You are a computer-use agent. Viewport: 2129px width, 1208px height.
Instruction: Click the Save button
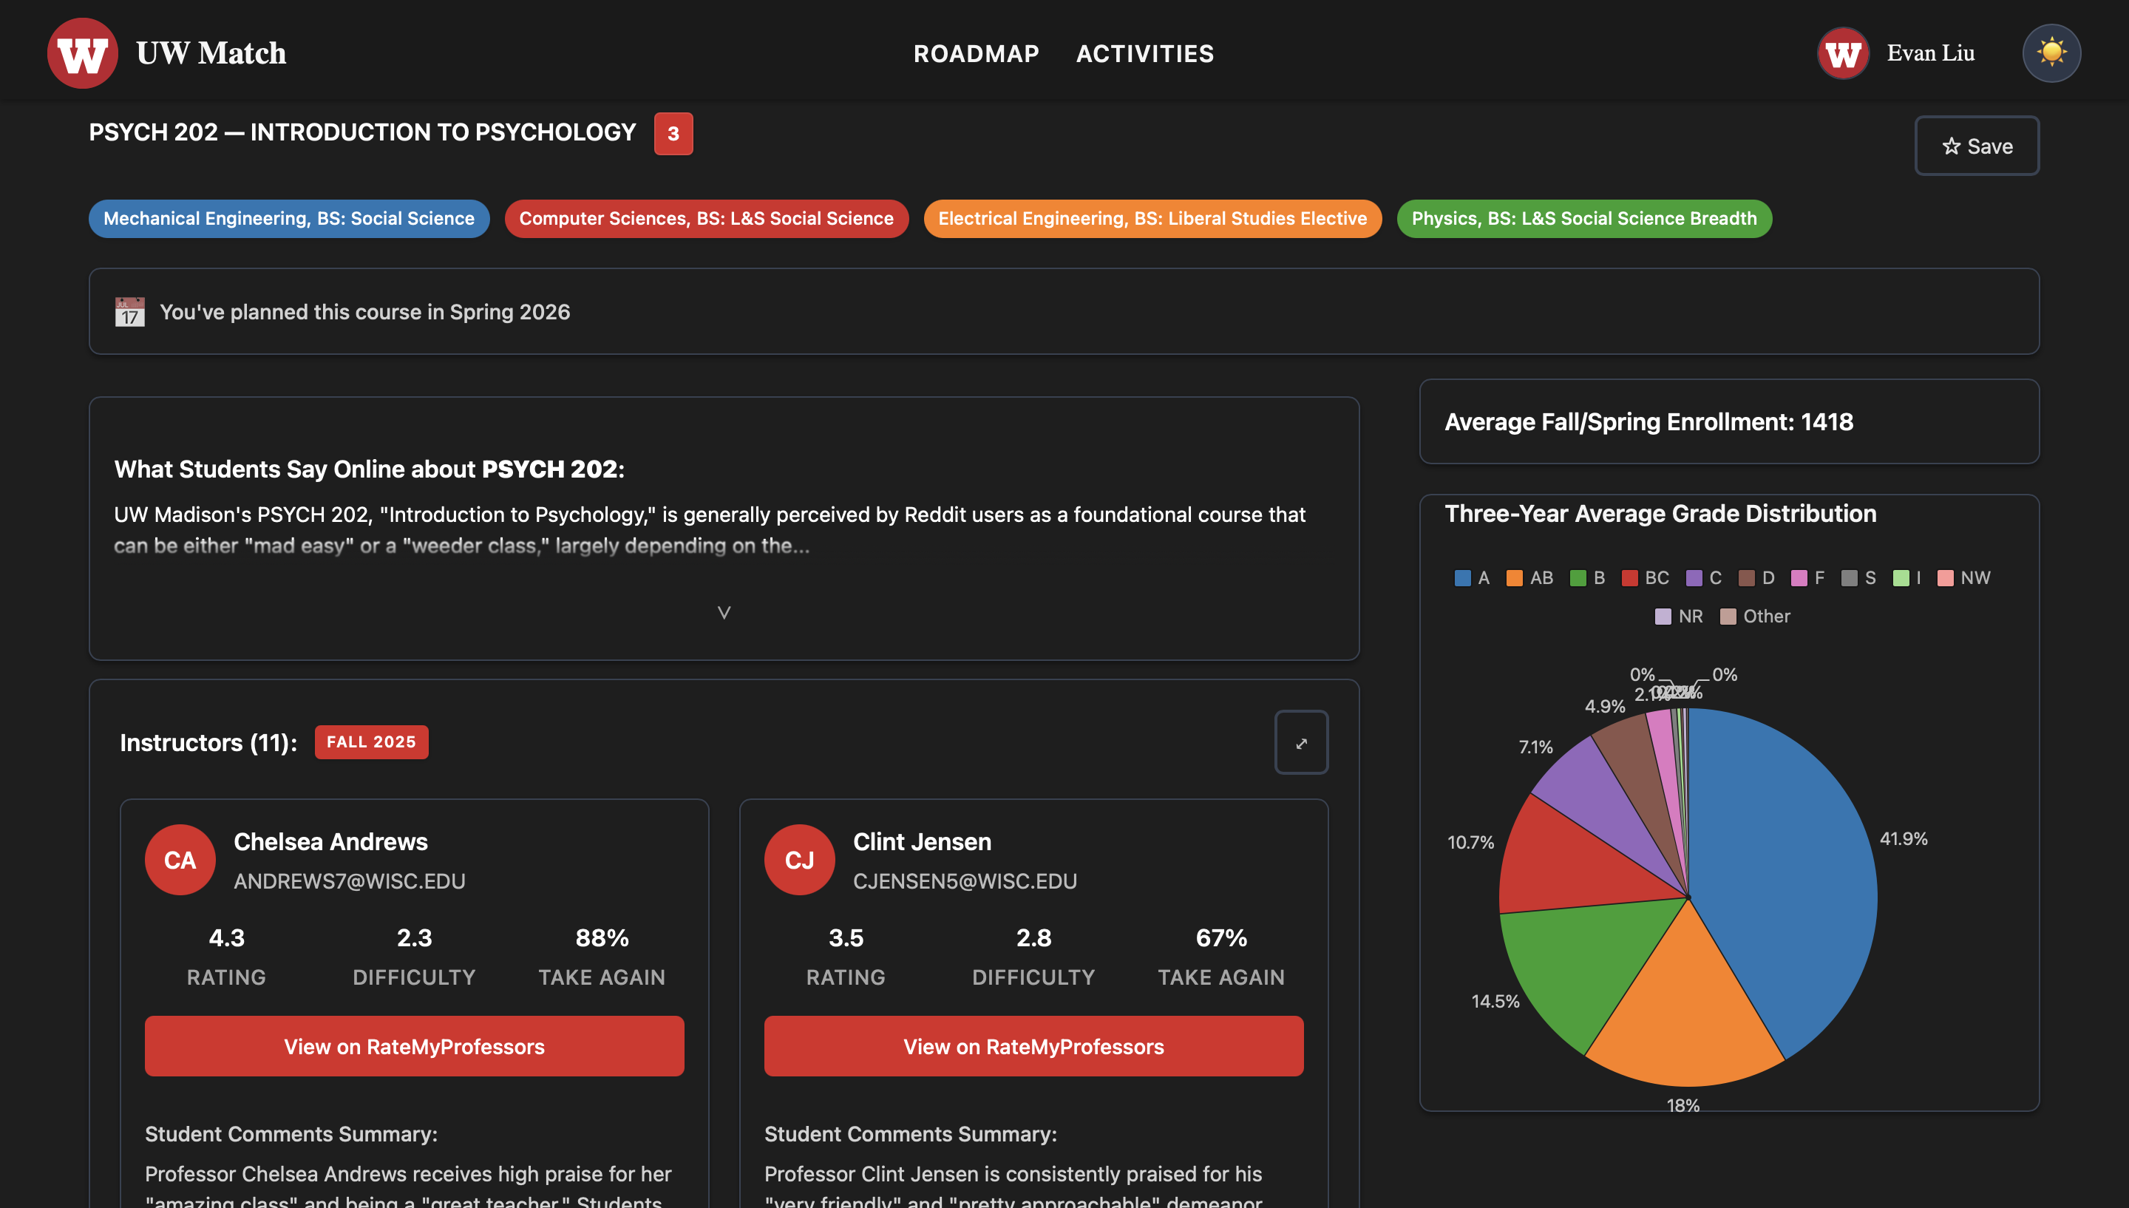(1977, 146)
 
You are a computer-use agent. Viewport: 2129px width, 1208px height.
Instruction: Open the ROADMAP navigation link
(977, 54)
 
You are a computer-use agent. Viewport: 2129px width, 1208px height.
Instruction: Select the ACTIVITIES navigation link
(1144, 54)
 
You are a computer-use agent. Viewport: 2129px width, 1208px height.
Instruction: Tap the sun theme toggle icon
(2051, 53)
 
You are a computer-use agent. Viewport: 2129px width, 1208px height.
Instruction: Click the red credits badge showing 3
(673, 134)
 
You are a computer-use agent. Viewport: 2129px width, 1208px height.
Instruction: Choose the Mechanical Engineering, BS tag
(288, 219)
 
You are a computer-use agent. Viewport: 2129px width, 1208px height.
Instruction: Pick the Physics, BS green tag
(1583, 219)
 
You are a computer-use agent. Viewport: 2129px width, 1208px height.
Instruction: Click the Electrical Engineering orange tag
(1152, 219)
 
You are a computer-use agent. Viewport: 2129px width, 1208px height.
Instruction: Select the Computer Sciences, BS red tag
(706, 219)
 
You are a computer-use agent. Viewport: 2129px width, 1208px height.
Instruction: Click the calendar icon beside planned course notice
(129, 312)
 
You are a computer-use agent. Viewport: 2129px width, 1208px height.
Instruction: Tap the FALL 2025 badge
(371, 742)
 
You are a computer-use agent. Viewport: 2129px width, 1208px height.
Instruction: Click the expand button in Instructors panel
(1300, 742)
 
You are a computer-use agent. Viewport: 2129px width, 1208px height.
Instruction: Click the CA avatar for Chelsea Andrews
(180, 860)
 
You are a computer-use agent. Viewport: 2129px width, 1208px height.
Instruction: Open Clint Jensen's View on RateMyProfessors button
(1033, 1046)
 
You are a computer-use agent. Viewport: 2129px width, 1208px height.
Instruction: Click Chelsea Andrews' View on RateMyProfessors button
(414, 1046)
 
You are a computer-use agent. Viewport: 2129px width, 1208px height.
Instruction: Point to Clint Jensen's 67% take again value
(1220, 937)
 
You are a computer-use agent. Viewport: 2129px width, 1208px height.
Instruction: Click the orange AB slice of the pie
(1684, 1020)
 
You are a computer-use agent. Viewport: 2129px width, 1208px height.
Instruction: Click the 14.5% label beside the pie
(1495, 1002)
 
